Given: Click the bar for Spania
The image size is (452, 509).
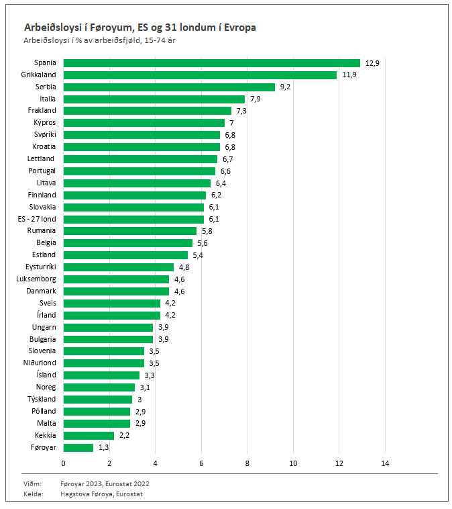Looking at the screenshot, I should tap(212, 63).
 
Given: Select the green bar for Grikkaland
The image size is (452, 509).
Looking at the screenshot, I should tap(200, 75).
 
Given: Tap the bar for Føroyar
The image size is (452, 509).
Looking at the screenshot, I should tap(78, 447).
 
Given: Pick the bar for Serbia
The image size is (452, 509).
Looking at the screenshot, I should tap(169, 87).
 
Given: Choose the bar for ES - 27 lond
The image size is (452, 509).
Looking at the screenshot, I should tap(133, 219).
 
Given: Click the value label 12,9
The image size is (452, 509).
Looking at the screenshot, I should tap(372, 63).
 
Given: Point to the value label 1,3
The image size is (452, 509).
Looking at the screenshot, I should tap(103, 447).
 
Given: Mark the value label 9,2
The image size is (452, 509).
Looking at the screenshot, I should tap(285, 87).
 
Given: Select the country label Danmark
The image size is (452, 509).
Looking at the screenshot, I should tap(42, 291).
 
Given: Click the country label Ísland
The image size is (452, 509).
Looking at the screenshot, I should tap(47, 375).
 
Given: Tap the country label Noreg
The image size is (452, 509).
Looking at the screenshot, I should tap(46, 387).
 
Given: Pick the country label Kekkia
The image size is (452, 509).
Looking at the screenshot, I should tap(45, 435).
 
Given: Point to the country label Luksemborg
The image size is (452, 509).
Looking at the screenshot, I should tap(36, 279).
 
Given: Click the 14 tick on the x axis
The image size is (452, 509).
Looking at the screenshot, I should tap(385, 463).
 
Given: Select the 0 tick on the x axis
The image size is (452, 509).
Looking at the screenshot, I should tap(64, 463).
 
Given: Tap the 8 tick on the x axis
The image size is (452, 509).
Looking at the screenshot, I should tap(247, 463).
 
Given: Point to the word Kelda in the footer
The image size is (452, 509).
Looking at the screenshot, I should tap(34, 494).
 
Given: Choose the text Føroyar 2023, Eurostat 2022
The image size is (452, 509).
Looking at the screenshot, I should tap(105, 483).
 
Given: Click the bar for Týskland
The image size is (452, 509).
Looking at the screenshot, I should tap(98, 399).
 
